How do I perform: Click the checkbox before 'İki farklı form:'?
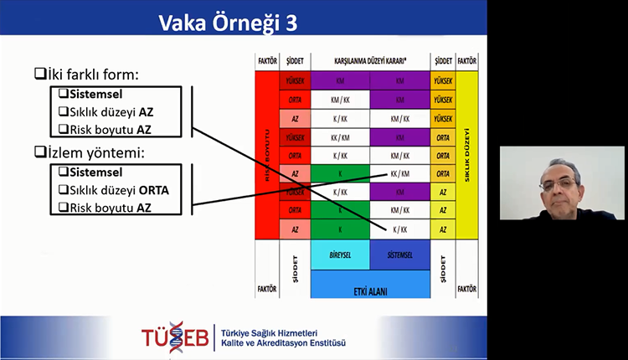tap(40, 75)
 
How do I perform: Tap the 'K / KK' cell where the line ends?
tap(399, 228)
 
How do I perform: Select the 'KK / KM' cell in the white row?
tap(399, 173)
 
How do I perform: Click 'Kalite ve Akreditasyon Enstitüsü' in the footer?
tap(281, 342)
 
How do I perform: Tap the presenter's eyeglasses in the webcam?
tap(559, 182)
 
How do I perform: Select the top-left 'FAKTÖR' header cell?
tap(267, 62)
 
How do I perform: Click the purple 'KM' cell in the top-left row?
tap(339, 81)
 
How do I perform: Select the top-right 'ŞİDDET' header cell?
tap(442, 62)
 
